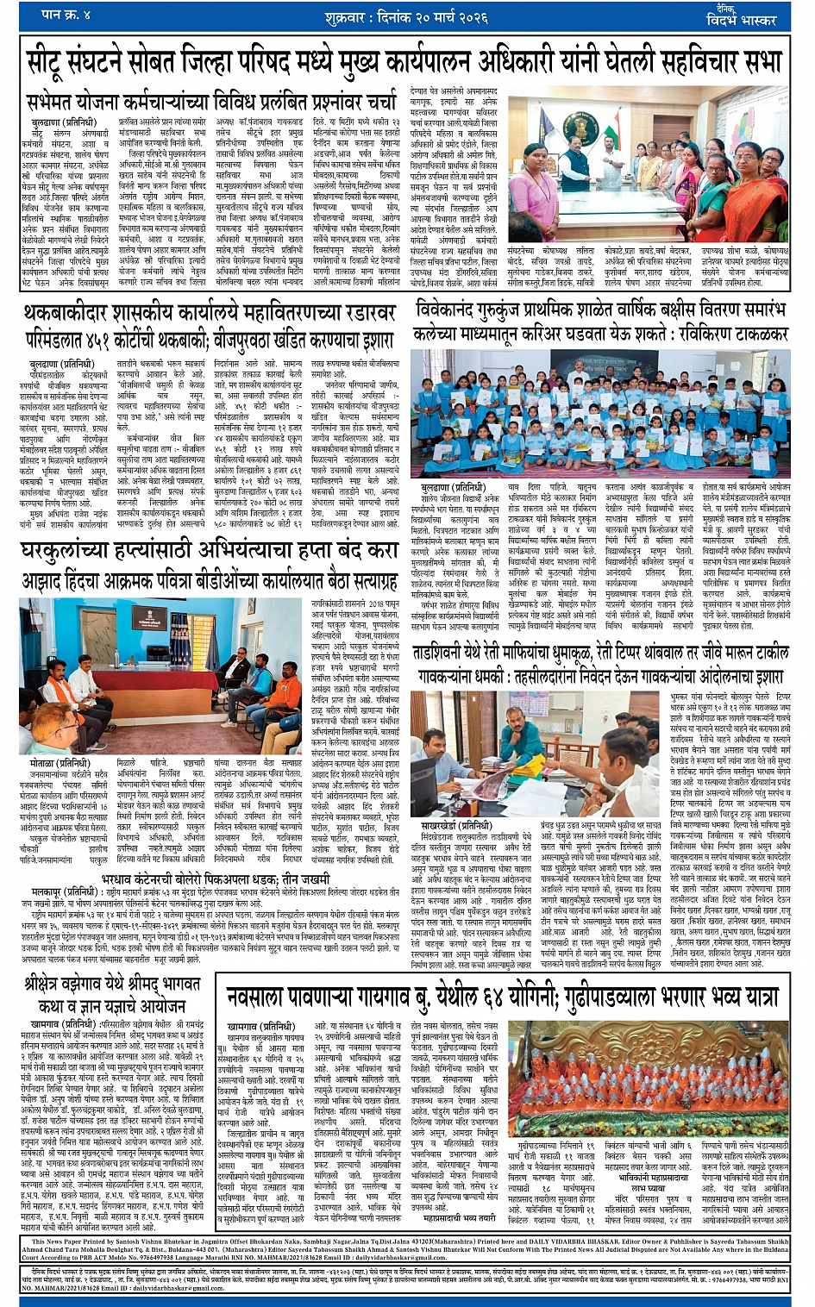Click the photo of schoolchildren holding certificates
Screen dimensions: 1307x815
(x=601, y=404)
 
